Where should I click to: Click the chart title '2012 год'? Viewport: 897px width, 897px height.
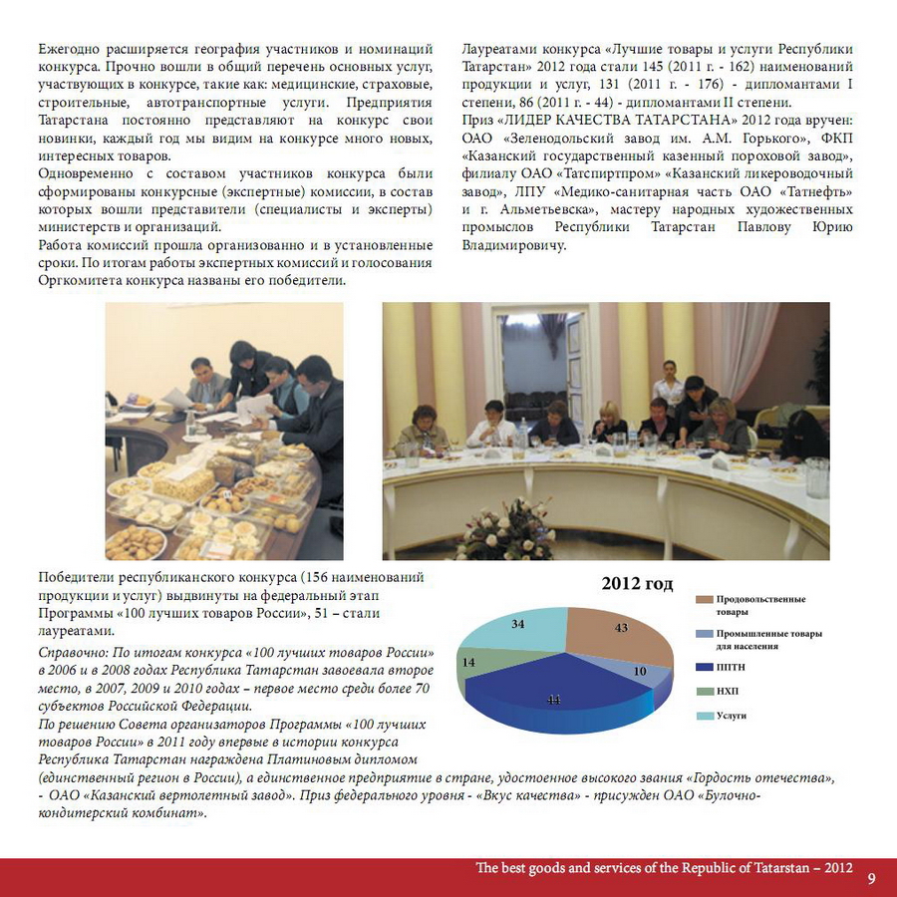pyautogui.click(x=637, y=584)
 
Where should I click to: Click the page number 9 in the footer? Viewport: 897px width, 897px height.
pyautogui.click(x=872, y=878)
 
